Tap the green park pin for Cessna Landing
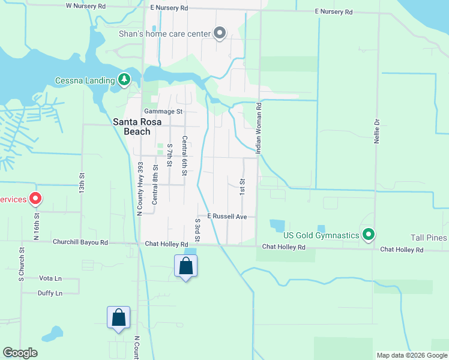tap(124, 79)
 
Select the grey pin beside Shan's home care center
tap(220, 34)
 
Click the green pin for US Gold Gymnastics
tap(369, 235)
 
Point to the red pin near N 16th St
tap(35, 198)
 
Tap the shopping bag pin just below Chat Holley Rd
tap(185, 266)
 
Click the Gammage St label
tap(163, 112)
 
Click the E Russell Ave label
tap(228, 216)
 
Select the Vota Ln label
tap(50, 278)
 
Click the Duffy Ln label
tap(50, 293)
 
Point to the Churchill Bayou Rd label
tap(80, 243)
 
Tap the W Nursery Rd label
tap(85, 5)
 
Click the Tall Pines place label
tap(429, 238)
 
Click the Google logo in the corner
tap(20, 353)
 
